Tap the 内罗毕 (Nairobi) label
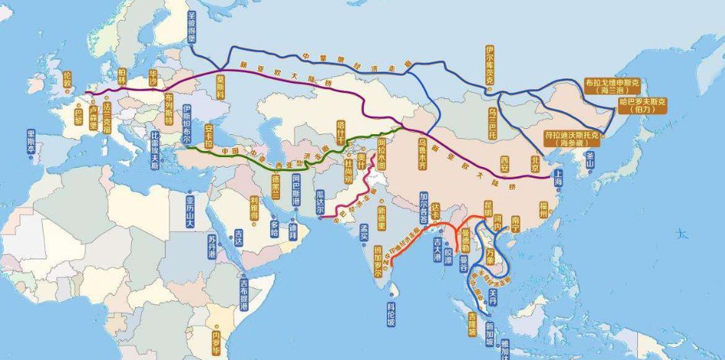[216, 336]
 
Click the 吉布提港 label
[244, 294]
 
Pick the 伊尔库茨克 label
[490, 66]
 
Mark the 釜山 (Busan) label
[590, 159]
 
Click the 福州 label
[543, 208]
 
